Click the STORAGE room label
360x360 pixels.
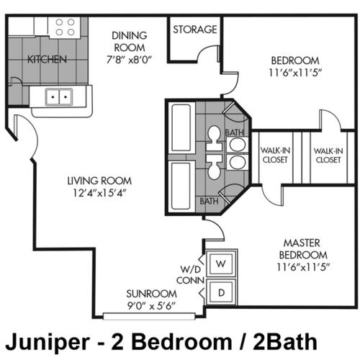pyautogui.click(x=195, y=30)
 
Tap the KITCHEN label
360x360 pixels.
pyautogui.click(x=47, y=59)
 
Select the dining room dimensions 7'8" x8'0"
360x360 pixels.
pyautogui.click(x=129, y=60)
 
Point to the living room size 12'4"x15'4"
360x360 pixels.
pyautogui.click(x=99, y=193)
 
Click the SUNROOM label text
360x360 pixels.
pyautogui.click(x=151, y=294)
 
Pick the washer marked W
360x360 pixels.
pyautogui.click(x=221, y=264)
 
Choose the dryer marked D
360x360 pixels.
pyautogui.click(x=221, y=292)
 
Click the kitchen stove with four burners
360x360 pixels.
pyautogui.click(x=65, y=27)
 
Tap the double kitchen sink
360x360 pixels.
pyautogui.click(x=59, y=96)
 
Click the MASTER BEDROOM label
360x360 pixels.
pyautogui.click(x=303, y=249)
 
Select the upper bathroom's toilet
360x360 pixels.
pyautogui.click(x=214, y=138)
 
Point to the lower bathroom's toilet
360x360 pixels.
pyautogui.click(x=214, y=167)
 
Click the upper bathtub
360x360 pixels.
pyautogui.click(x=181, y=128)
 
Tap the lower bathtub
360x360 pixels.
pyautogui.click(x=181, y=186)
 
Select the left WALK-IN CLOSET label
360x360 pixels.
pyautogui.click(x=275, y=155)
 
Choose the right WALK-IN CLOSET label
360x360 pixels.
pyautogui.click(x=328, y=156)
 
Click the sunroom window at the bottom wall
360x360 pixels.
pyautogui.click(x=149, y=316)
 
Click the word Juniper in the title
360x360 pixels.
pyautogui.click(x=48, y=342)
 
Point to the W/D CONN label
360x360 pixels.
pyautogui.click(x=190, y=275)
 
